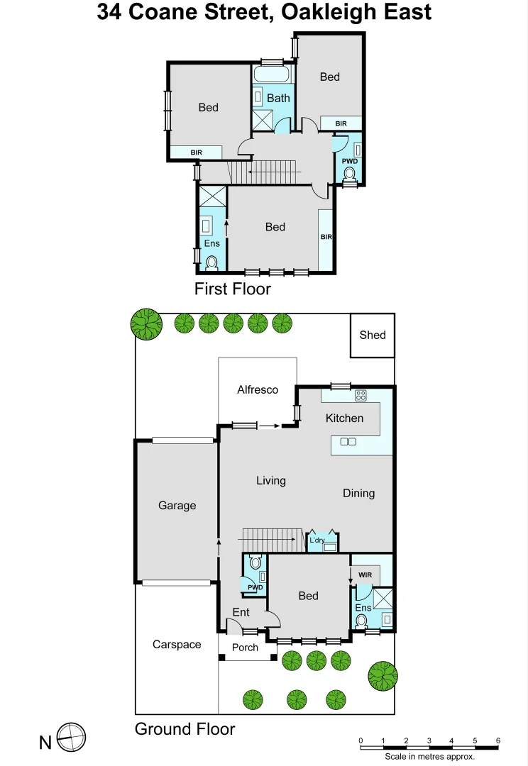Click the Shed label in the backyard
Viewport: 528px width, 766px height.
pos(373,335)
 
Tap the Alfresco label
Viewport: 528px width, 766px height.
pos(258,389)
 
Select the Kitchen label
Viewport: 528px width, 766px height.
pos(344,418)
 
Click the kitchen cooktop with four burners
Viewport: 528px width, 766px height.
pos(360,396)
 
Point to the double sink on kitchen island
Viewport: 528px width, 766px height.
pos(348,442)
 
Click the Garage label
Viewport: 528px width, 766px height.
pos(177,506)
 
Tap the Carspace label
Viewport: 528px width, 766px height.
pos(177,645)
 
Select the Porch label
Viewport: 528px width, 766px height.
pos(246,648)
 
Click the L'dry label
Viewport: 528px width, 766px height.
pos(317,541)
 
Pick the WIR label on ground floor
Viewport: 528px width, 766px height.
pos(365,574)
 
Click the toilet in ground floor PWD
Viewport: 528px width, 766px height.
pos(255,563)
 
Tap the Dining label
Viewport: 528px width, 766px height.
pos(358,494)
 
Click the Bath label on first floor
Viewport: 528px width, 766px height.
pos(278,99)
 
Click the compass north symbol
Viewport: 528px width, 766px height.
pos(71,738)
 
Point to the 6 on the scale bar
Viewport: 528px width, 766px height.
pos(497,741)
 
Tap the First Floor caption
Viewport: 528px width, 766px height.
pos(233,289)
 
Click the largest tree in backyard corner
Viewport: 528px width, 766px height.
pos(145,323)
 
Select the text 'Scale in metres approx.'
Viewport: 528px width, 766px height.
pos(429,757)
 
